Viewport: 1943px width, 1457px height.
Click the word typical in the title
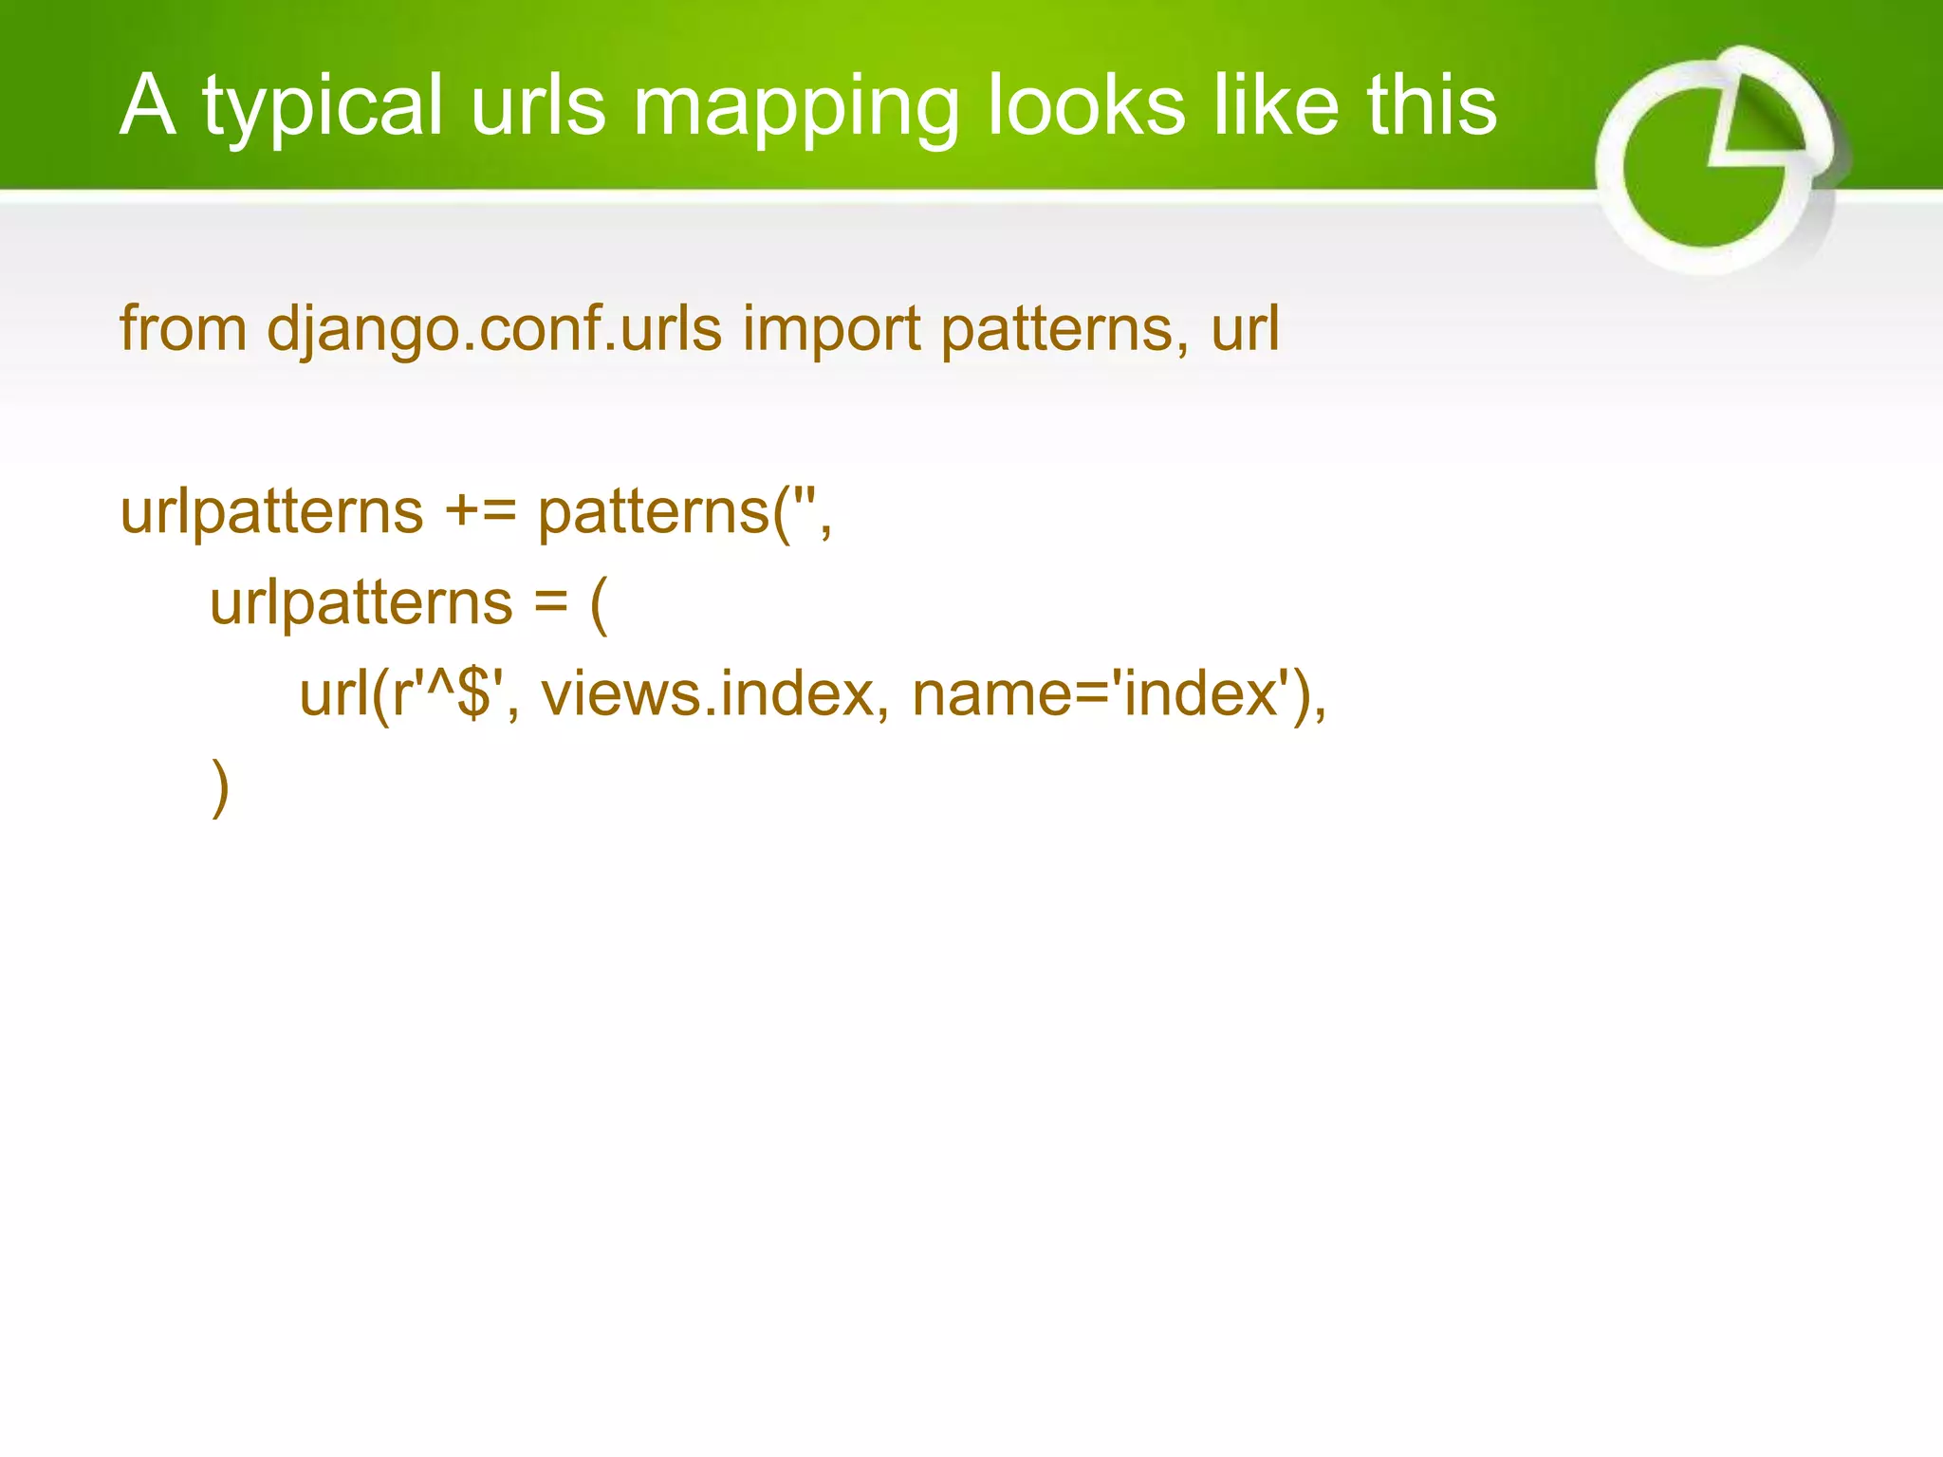click(323, 106)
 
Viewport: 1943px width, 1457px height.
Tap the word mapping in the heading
click(795, 106)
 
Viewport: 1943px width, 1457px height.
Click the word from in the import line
click(183, 329)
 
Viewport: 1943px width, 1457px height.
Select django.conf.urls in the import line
click(493, 329)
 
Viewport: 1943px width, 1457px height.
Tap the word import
click(831, 329)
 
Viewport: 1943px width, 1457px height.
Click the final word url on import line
click(1245, 329)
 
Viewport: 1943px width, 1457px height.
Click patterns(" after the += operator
click(684, 512)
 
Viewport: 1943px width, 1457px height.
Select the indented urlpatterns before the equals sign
click(361, 603)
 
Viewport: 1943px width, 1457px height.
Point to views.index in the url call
click(707, 694)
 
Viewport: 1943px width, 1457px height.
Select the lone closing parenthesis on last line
click(220, 787)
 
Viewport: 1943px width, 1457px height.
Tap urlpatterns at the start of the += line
click(271, 512)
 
